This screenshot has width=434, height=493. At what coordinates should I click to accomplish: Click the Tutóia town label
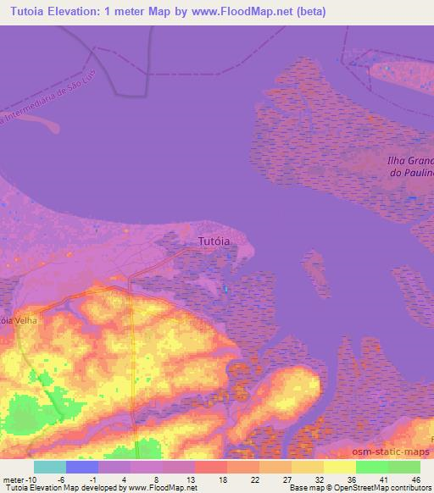214,241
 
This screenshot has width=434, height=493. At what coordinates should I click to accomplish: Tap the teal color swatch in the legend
50,467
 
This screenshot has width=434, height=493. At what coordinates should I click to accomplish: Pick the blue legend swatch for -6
82,467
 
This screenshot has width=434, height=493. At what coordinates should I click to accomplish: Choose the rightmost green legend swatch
404,467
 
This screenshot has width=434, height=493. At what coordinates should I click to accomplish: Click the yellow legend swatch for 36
340,467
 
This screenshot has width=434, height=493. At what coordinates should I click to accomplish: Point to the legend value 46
415,479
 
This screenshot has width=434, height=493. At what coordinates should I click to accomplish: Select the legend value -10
32,479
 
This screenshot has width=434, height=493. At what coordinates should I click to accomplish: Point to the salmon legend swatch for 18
211,467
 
